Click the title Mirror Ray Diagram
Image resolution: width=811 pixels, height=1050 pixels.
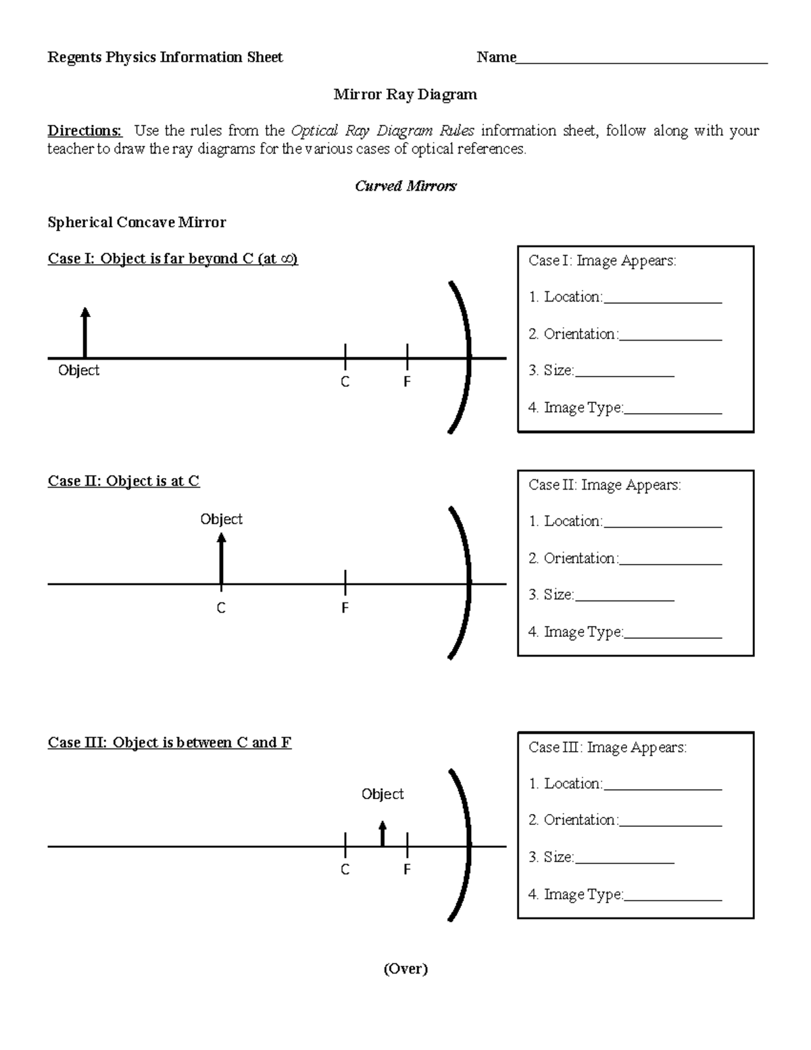tap(405, 95)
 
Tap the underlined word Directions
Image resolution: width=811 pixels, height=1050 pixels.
tap(84, 130)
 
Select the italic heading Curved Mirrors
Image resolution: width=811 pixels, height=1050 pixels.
tap(405, 186)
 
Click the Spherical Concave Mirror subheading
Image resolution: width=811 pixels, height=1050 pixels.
tap(137, 222)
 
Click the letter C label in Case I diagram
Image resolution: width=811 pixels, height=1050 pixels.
tap(345, 382)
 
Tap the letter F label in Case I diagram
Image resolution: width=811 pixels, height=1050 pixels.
tap(407, 382)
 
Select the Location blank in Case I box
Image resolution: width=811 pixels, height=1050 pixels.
tap(662, 301)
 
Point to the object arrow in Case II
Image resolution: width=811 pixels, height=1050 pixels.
tap(221, 558)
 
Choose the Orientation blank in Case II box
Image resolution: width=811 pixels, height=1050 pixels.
tap(670, 563)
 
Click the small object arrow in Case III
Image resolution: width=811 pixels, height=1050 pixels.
tap(383, 834)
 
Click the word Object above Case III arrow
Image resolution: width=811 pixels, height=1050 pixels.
tap(383, 794)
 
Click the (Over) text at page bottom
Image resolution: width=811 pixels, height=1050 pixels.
tap(405, 969)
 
